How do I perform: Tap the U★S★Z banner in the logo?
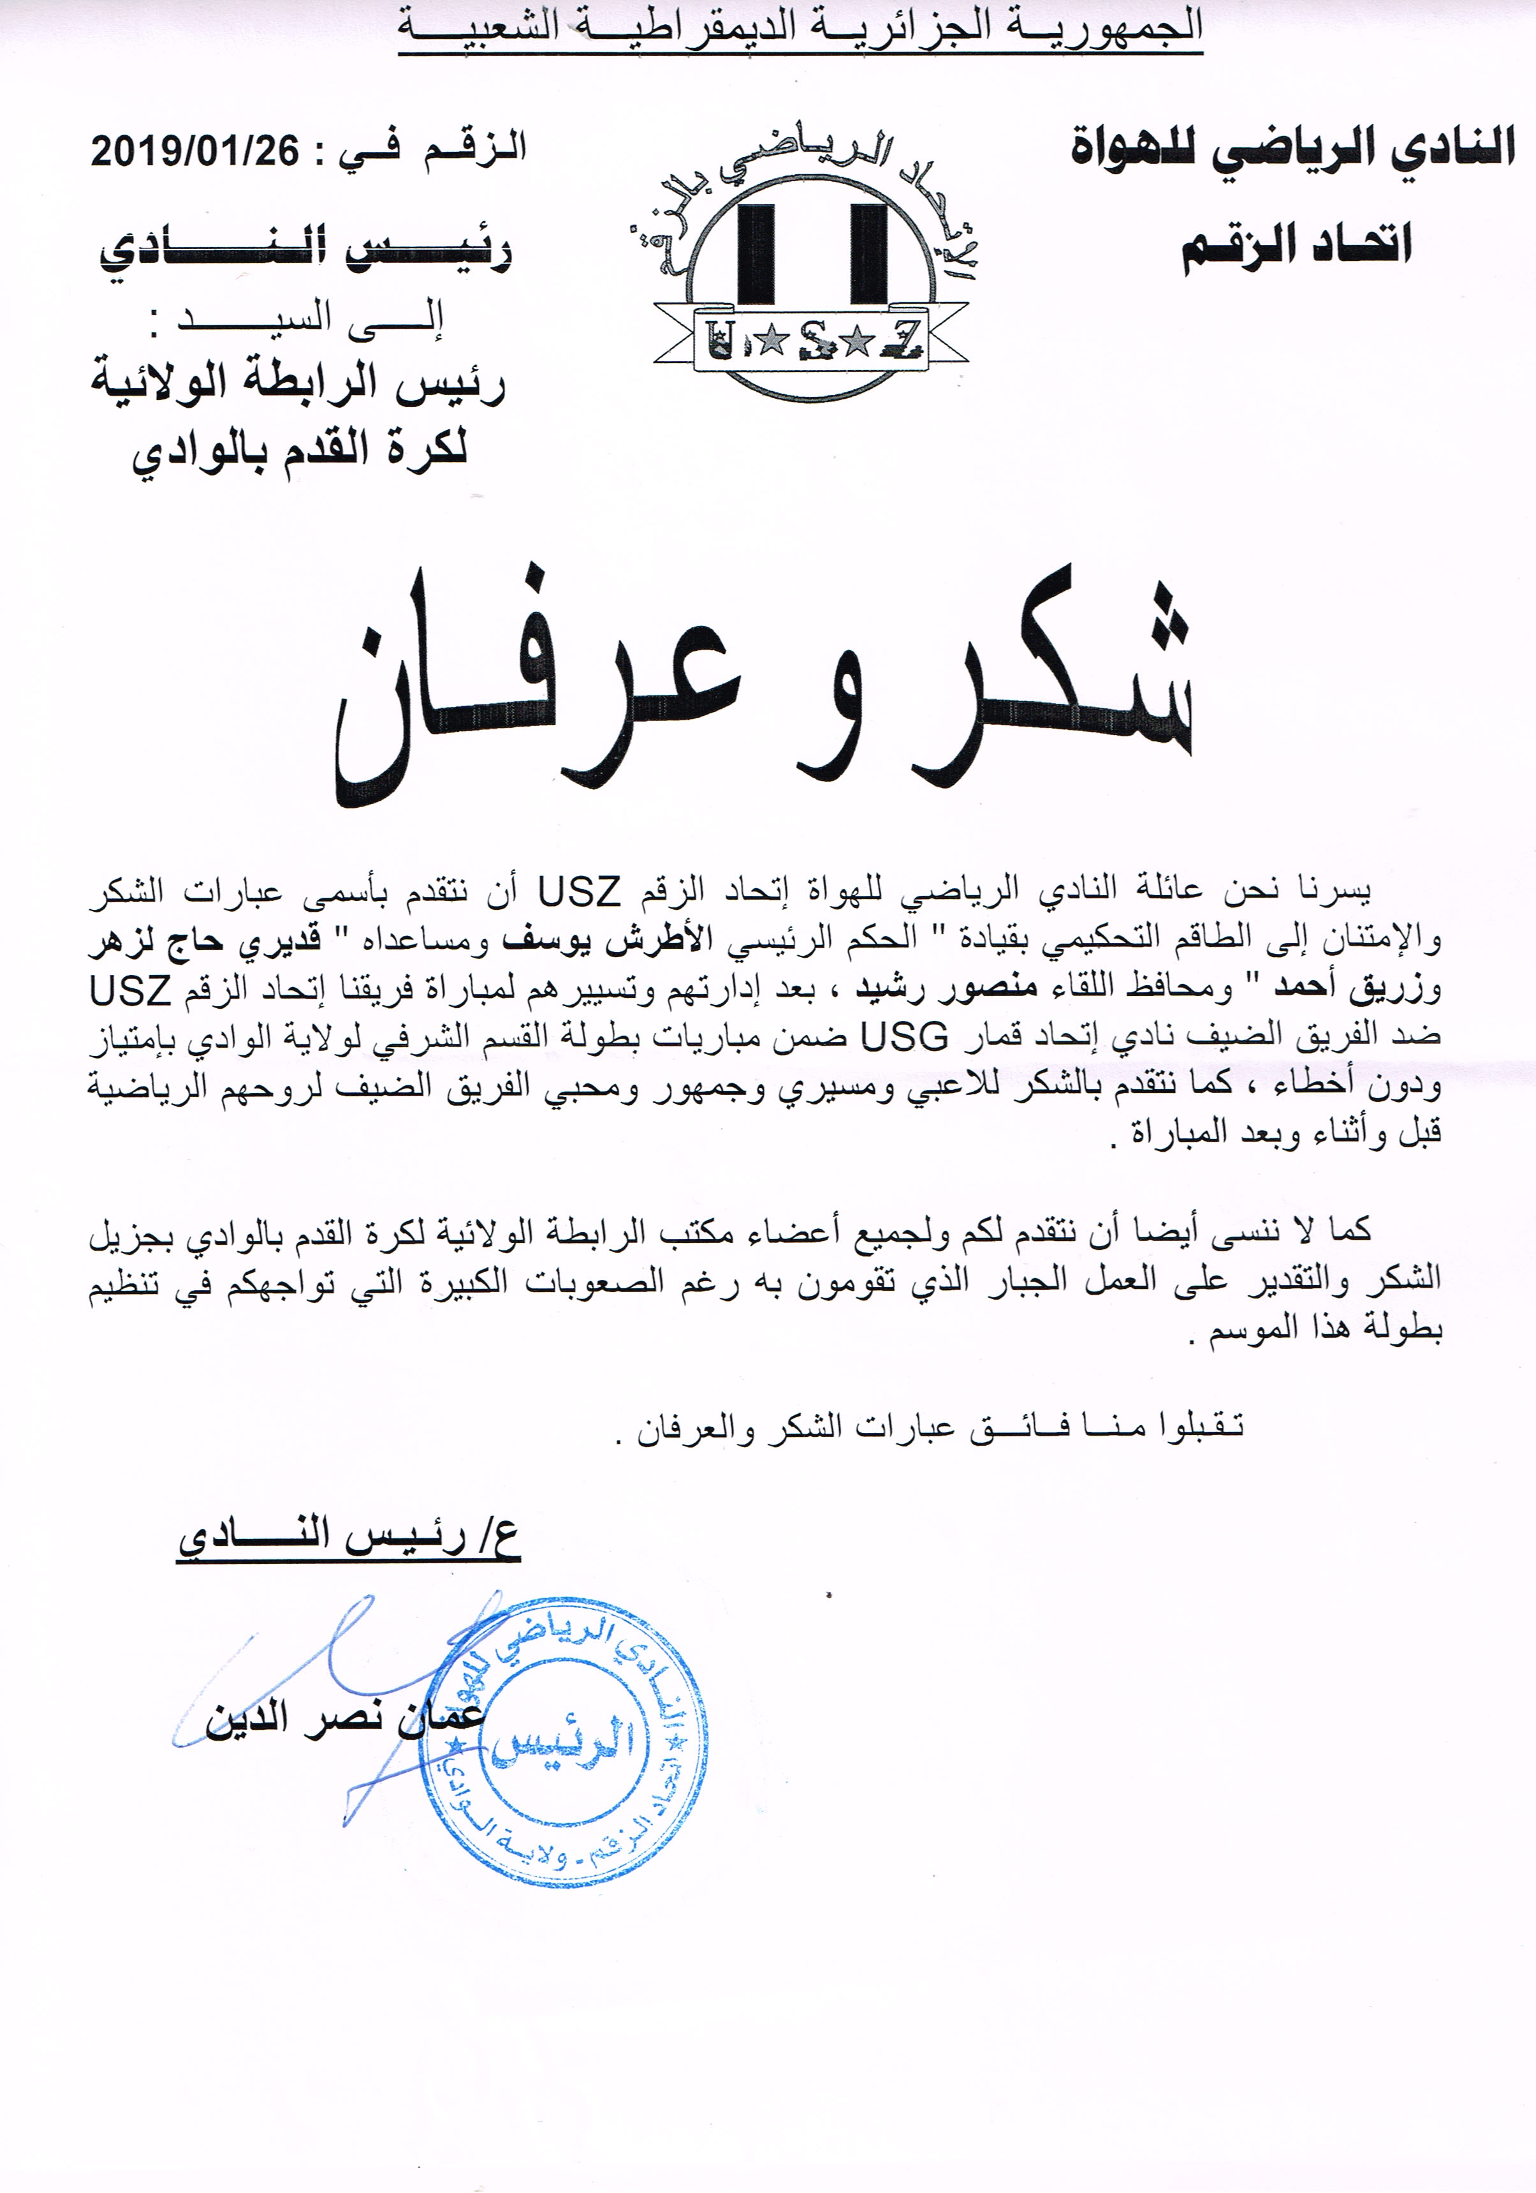(812, 339)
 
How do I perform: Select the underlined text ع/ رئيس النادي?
(348, 1538)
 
